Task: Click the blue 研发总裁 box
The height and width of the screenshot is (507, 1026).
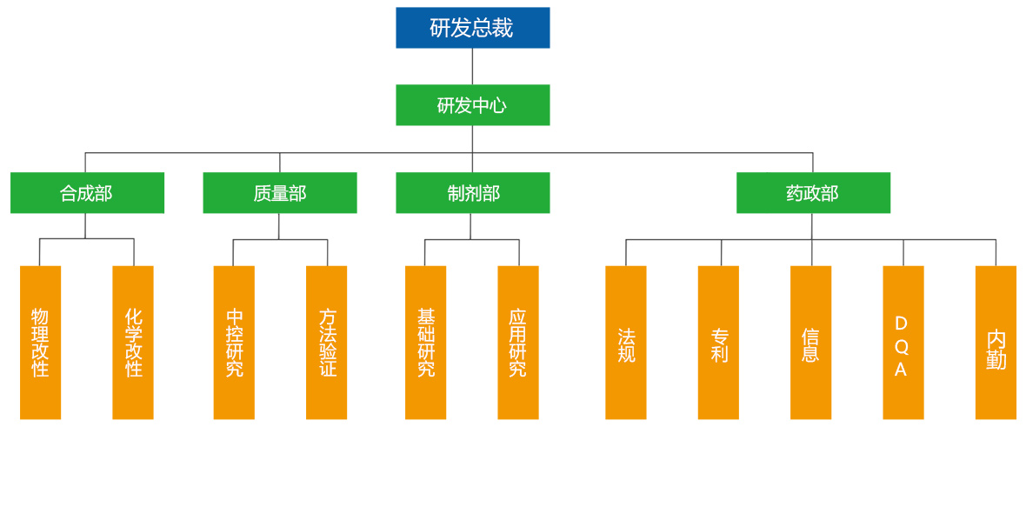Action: pyautogui.click(x=472, y=28)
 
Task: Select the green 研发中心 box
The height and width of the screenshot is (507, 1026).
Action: pyautogui.click(x=472, y=105)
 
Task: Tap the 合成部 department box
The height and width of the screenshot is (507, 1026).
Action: pyautogui.click(x=87, y=193)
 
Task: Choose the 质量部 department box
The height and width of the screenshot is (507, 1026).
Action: pyautogui.click(x=279, y=193)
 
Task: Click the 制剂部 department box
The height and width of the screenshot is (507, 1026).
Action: pyautogui.click(x=472, y=193)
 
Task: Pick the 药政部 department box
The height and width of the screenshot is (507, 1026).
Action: pyautogui.click(x=813, y=193)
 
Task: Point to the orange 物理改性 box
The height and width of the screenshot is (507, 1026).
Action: pyautogui.click(x=40, y=343)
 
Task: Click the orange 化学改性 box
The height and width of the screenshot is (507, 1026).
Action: pyautogui.click(x=133, y=343)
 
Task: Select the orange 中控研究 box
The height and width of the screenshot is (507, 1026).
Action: pyautogui.click(x=234, y=343)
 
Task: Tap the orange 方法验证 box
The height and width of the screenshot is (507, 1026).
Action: pyautogui.click(x=326, y=343)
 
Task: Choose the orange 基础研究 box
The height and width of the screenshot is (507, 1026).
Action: pyautogui.click(x=425, y=343)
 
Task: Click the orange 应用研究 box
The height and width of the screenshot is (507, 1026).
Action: pyautogui.click(x=518, y=343)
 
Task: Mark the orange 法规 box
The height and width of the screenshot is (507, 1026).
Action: pyautogui.click(x=626, y=343)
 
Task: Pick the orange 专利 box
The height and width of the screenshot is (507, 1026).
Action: pyautogui.click(x=718, y=343)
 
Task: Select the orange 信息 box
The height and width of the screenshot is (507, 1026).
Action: pyautogui.click(x=810, y=343)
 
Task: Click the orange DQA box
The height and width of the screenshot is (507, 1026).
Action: pyautogui.click(x=903, y=343)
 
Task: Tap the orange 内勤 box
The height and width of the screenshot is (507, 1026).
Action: pyautogui.click(x=996, y=343)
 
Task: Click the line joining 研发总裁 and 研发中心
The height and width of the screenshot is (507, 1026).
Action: pyautogui.click(x=472, y=66)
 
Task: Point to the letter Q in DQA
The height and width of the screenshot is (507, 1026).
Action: pyautogui.click(x=901, y=347)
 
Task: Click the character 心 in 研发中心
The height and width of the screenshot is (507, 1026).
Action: pyautogui.click(x=496, y=106)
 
